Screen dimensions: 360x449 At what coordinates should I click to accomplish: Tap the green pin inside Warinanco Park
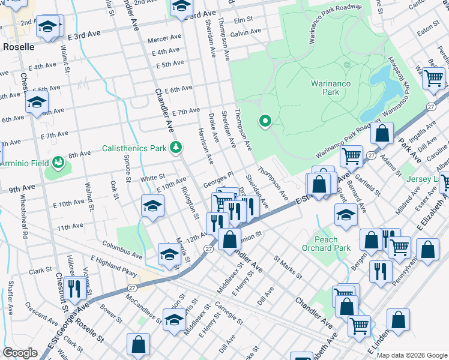(264, 122)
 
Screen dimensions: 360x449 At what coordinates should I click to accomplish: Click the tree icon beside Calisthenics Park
(175, 147)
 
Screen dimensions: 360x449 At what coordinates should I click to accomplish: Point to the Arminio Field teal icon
(58, 163)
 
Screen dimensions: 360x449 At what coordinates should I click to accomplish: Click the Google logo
(20, 353)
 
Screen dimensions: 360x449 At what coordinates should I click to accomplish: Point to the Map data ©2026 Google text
(412, 355)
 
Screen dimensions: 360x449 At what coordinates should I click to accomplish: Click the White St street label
(152, 178)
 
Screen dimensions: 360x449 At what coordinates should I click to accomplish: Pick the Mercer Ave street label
(164, 40)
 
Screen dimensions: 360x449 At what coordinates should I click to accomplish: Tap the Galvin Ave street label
(246, 32)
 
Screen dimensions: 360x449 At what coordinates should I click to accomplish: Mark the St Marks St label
(288, 268)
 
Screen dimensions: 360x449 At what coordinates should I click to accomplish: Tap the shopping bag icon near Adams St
(382, 135)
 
